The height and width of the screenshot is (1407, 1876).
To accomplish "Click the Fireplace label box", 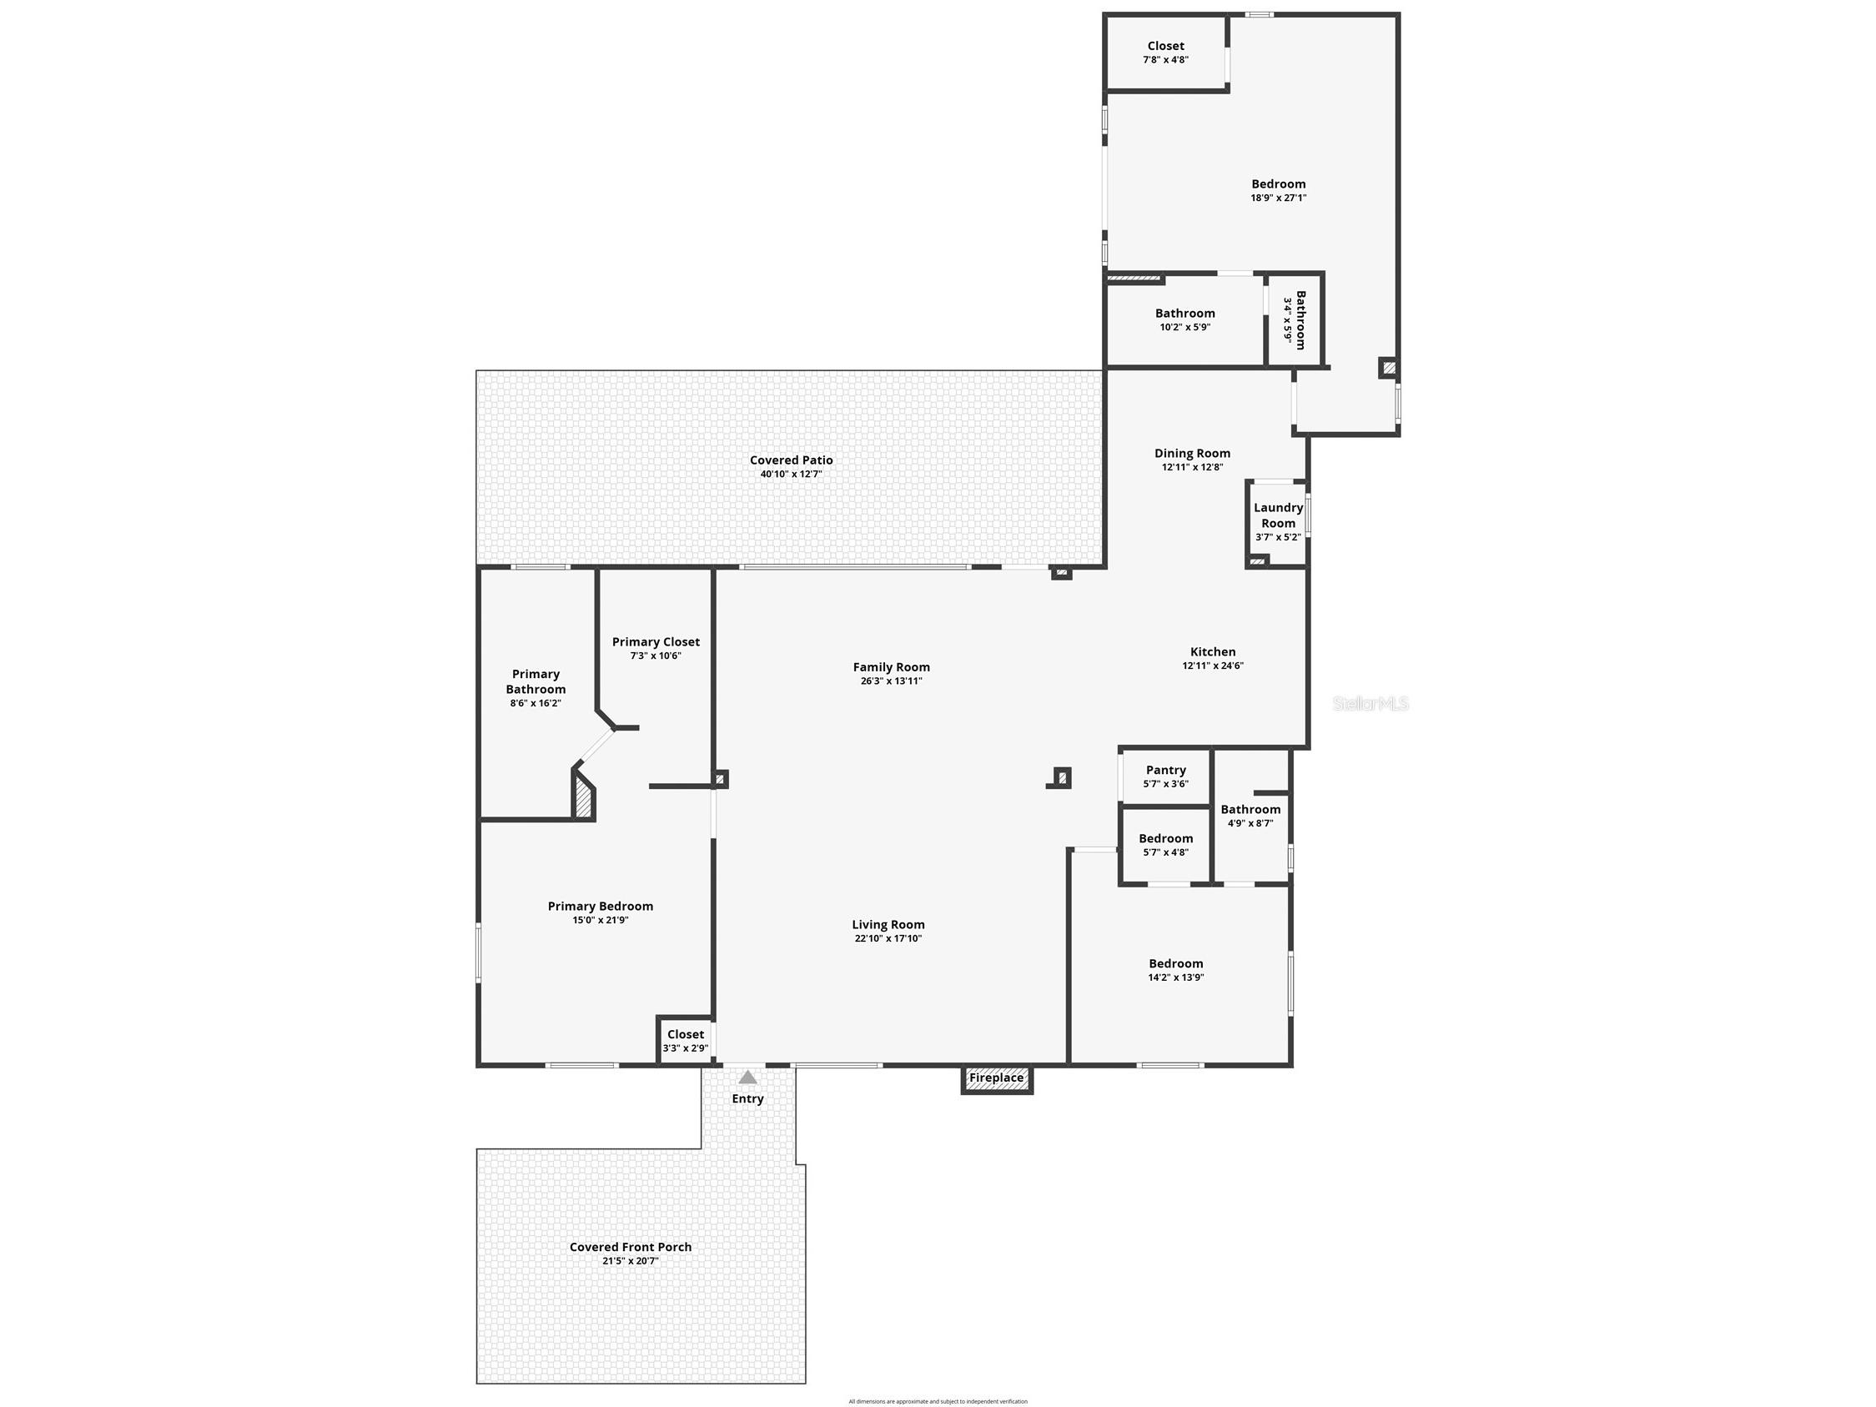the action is [997, 1078].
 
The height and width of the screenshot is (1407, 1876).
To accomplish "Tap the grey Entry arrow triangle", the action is [747, 1077].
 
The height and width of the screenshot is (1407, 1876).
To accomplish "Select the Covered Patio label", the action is [792, 460].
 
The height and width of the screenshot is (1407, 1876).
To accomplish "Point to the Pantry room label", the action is [1166, 770].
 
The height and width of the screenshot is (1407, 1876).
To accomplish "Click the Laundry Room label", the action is [1278, 515].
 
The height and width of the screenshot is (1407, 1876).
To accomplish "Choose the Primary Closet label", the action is [656, 642].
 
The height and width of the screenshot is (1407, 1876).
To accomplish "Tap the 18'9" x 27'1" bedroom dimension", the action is [1278, 198].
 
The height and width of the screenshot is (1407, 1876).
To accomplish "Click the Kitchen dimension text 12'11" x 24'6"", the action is [1213, 666].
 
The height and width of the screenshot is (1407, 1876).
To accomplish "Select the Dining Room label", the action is [1193, 454].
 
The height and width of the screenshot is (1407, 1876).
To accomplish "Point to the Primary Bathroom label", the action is [536, 682].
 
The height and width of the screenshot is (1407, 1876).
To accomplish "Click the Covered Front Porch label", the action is [630, 1247].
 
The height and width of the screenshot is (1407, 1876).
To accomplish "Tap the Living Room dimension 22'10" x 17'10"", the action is [888, 939].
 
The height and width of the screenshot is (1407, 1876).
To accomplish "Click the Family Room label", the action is [892, 667].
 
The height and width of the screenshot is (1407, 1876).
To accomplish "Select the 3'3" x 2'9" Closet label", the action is [686, 1041].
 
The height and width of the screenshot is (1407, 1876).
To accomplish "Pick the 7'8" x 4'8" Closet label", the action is [1165, 53].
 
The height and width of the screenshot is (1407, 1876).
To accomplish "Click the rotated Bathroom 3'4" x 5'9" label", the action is [1294, 320].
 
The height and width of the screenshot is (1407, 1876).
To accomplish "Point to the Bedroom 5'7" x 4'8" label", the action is [1166, 845].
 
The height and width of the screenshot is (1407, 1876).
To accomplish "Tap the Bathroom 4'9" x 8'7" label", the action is [1251, 816].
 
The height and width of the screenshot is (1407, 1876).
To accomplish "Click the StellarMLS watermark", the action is [1371, 704].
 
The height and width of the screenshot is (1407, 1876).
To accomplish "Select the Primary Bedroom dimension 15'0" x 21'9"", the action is [601, 920].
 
